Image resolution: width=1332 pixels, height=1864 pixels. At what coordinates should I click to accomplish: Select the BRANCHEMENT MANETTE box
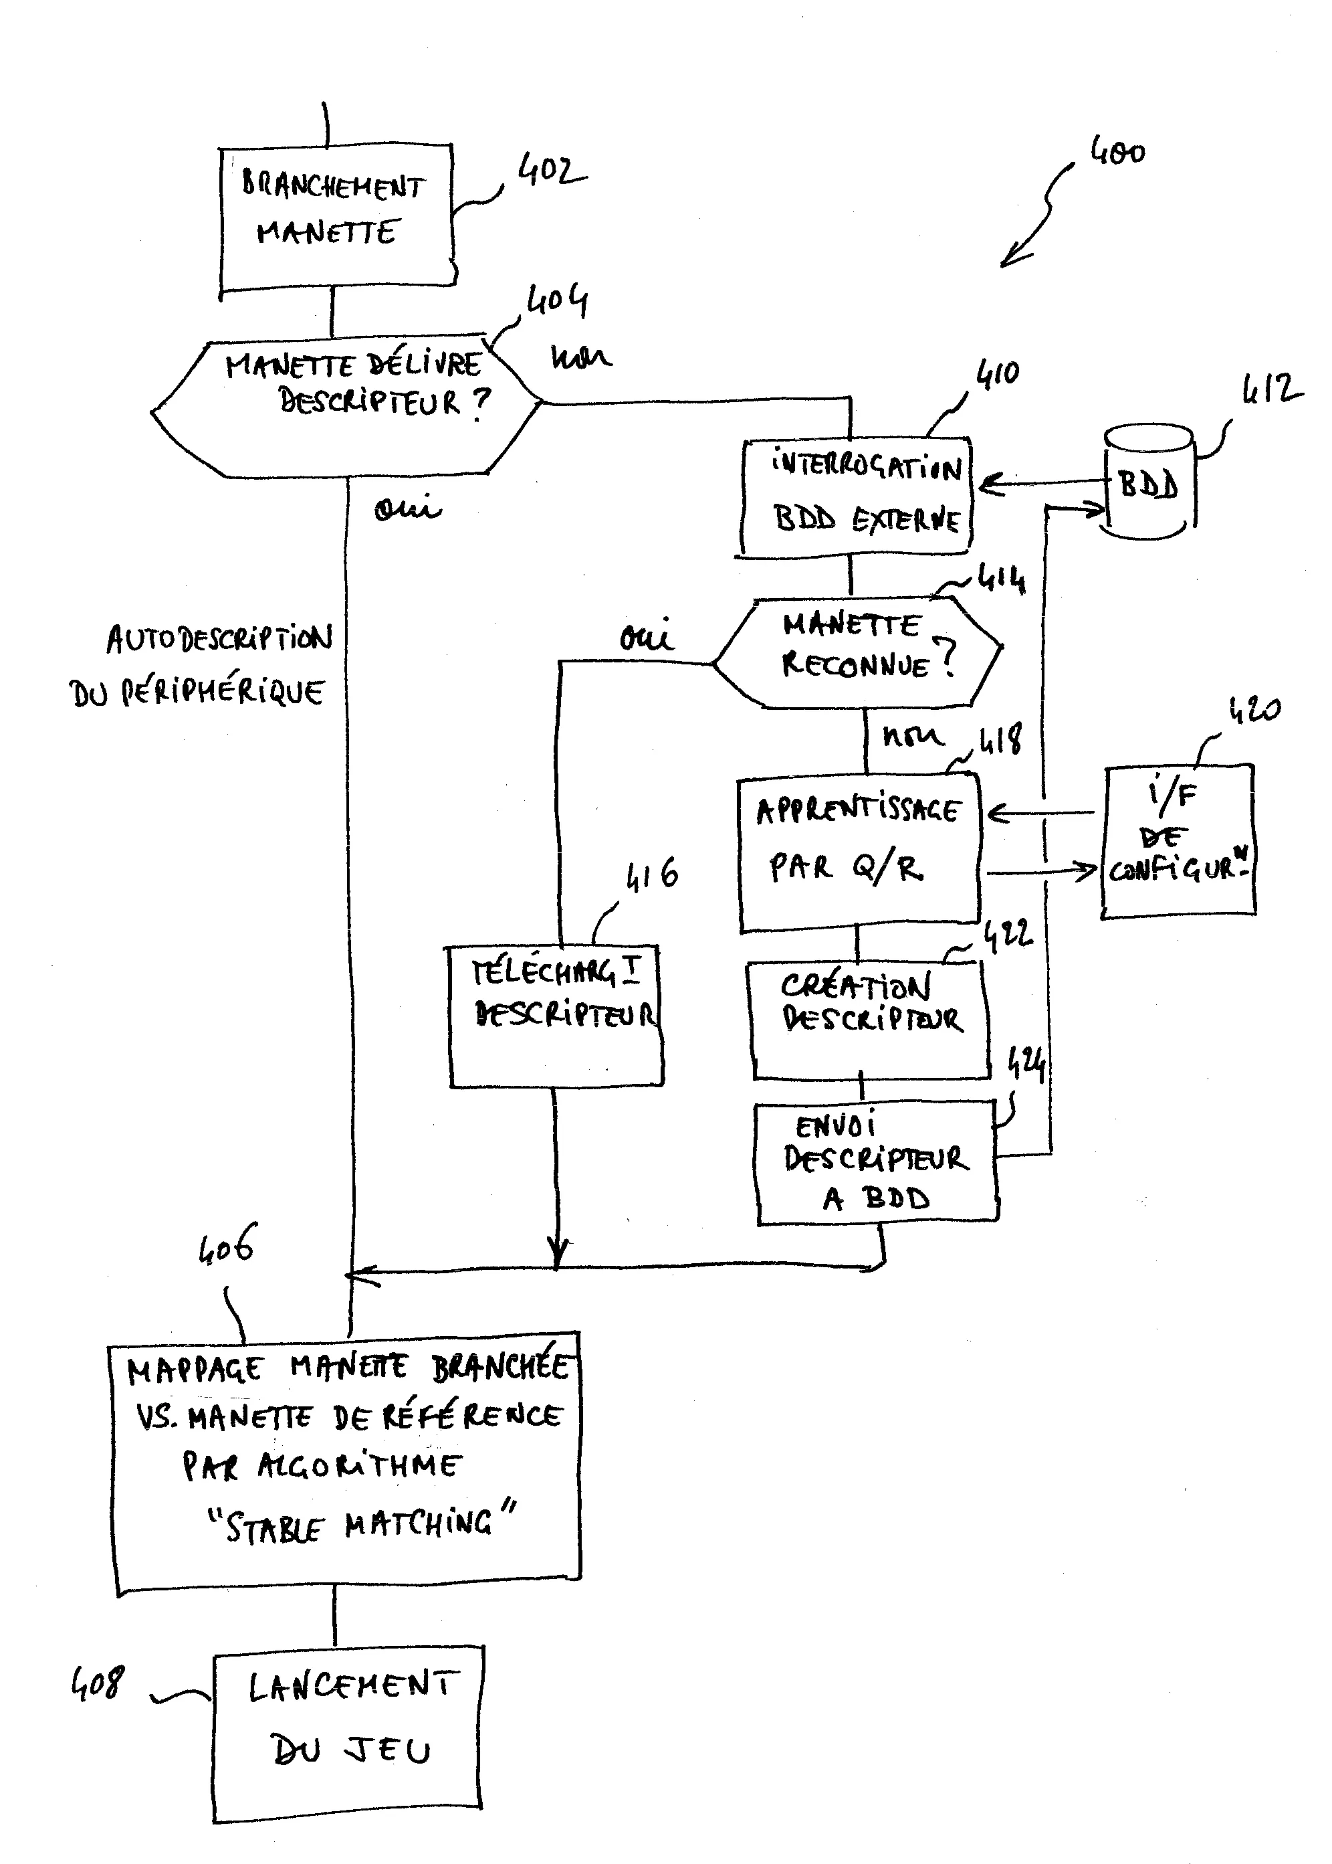(336, 217)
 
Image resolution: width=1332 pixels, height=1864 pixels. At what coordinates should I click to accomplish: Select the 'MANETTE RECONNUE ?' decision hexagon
(857, 652)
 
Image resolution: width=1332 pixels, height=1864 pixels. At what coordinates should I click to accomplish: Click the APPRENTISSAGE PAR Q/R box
(859, 853)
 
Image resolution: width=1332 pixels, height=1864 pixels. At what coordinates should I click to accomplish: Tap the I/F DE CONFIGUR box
(1178, 841)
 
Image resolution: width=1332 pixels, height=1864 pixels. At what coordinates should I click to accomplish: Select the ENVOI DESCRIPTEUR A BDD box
(876, 1163)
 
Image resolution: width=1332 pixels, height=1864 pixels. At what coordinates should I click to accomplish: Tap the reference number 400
(1117, 153)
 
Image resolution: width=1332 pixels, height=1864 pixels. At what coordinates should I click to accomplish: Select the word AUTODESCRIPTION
(219, 639)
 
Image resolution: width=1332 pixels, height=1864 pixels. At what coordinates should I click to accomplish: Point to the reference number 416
(652, 875)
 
